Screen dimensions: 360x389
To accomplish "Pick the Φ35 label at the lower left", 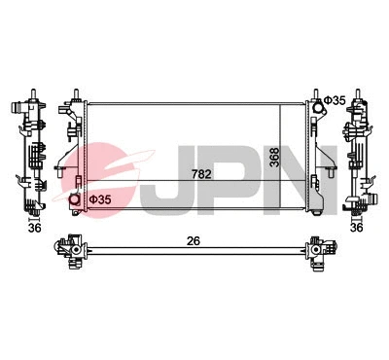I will [x=99, y=199].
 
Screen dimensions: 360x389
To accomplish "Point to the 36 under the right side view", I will [x=356, y=228].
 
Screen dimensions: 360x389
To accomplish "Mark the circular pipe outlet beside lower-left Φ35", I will [x=75, y=200].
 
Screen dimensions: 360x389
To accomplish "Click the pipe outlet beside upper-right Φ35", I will [x=316, y=100].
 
